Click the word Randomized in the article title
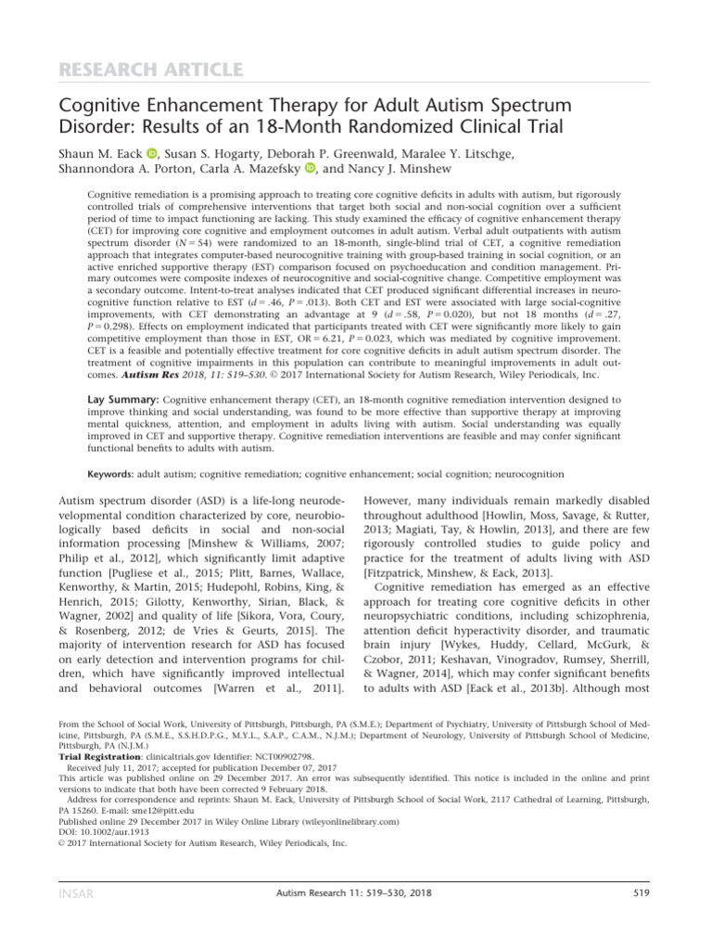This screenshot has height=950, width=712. click(x=403, y=124)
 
